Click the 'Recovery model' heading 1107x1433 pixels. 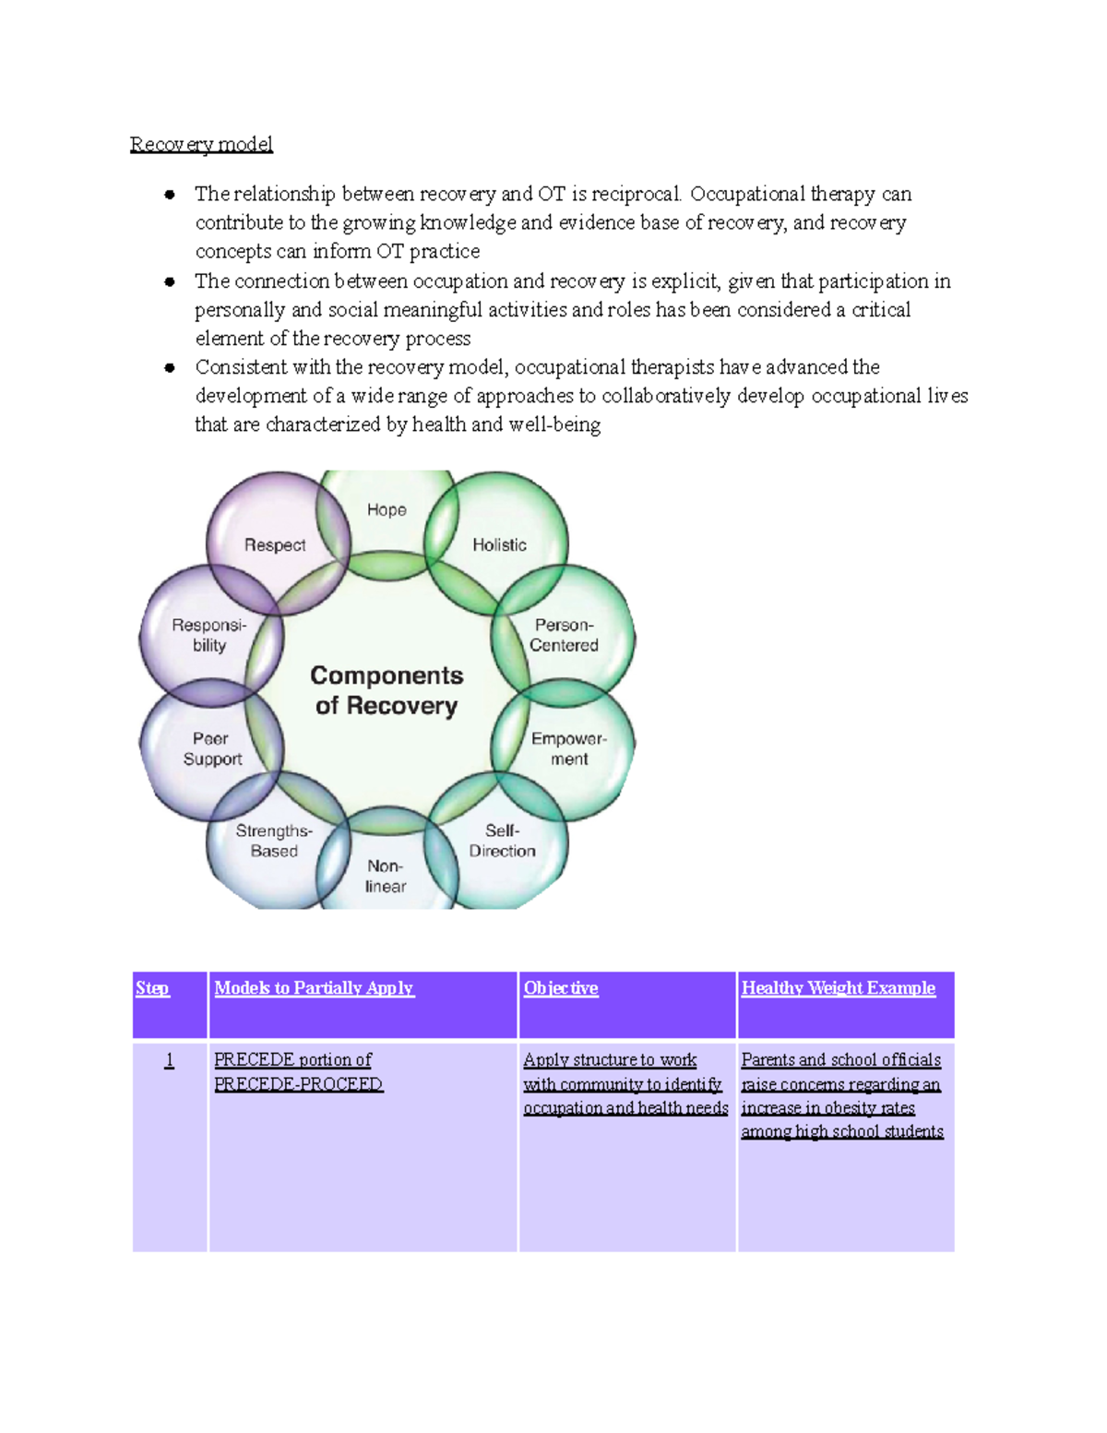pos(201,144)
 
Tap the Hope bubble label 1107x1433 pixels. pos(387,509)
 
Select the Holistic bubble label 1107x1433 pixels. pos(499,545)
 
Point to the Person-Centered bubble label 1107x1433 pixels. pos(564,635)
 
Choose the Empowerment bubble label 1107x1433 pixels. pos(568,748)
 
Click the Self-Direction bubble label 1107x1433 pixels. pos(502,841)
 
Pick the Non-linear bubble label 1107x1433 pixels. pos(386,876)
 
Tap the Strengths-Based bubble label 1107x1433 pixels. pos(274,841)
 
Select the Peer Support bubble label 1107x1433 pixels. pos(212,748)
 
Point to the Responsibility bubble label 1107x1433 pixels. pos(209,635)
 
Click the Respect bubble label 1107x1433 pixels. pos(275,545)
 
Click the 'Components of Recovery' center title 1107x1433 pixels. pos(387,690)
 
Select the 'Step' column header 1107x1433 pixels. pos(152,988)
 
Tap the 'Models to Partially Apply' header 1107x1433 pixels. pos(314,988)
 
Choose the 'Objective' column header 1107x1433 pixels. pos(561,988)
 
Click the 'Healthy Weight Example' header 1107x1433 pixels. pos(838,988)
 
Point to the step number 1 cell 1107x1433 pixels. pos(169,1060)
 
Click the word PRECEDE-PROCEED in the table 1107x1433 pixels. pos(298,1084)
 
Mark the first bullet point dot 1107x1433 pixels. pos(170,195)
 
